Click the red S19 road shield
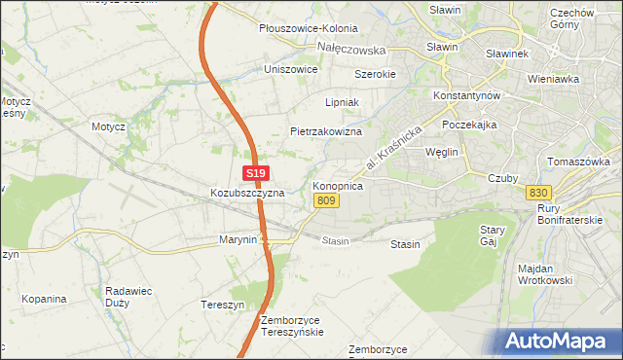[255, 173]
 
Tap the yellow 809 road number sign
[326, 200]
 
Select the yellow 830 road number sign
[538, 193]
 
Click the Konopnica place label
[338, 184]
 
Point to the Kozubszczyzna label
[247, 193]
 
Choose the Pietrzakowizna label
[326, 131]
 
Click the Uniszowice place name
[291, 70]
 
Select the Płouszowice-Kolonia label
[309, 29]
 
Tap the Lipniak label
[343, 101]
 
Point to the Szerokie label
[375, 74]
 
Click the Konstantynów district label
[466, 97]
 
